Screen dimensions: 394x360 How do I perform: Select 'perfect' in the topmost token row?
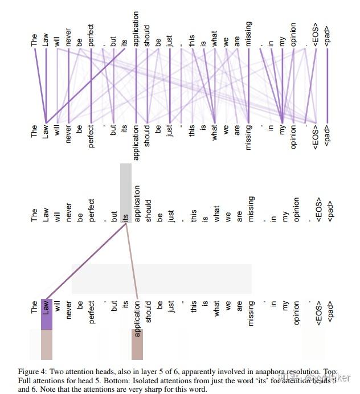pos(91,34)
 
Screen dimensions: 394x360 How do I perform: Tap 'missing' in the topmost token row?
pos(249,34)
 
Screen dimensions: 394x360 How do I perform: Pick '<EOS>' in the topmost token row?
pos(316,35)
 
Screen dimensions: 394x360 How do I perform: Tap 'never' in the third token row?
pos(68,212)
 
